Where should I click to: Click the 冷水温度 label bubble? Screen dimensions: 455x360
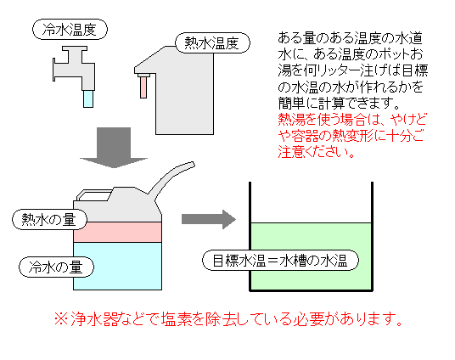click(x=70, y=30)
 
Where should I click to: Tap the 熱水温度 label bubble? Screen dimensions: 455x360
click(x=213, y=43)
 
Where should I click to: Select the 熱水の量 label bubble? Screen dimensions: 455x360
click(x=49, y=219)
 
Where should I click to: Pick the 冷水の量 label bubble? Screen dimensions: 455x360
click(x=56, y=267)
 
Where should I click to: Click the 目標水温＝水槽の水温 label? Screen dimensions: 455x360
click(x=280, y=261)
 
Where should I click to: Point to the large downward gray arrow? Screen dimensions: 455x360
click(x=114, y=148)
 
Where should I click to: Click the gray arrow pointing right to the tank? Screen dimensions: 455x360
click(x=209, y=219)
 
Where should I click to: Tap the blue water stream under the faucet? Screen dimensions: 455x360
click(x=88, y=98)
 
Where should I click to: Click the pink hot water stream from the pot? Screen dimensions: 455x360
click(x=143, y=87)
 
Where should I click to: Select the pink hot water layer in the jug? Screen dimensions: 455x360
click(x=117, y=233)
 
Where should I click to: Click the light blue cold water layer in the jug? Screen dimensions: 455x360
click(x=117, y=266)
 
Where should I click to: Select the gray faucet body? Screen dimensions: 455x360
click(x=75, y=67)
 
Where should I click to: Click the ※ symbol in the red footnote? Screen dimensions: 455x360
click(x=61, y=319)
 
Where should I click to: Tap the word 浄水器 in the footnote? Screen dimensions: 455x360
click(x=94, y=319)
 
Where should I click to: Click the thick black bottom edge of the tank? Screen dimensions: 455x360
click(x=311, y=290)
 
